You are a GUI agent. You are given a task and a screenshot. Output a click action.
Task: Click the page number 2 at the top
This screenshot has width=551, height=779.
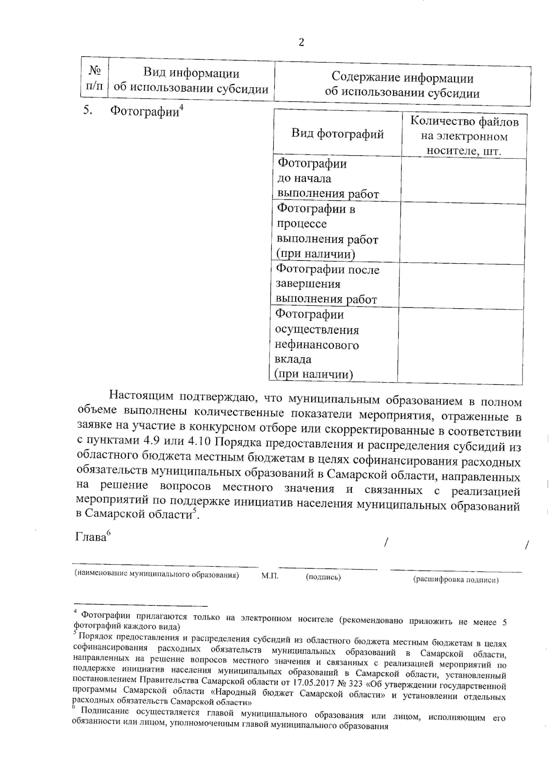pos(301,43)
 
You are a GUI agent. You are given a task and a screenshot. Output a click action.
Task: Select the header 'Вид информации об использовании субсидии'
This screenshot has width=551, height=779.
pos(191,81)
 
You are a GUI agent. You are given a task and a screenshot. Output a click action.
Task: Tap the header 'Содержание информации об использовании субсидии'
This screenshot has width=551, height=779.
pos(402,85)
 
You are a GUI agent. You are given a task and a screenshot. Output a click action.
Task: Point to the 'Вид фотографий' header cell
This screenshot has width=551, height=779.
pos(337,134)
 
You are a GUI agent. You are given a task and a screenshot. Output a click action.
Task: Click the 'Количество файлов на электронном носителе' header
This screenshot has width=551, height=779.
pos(464,136)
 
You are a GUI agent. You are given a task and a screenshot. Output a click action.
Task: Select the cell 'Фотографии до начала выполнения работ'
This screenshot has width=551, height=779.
pos(328,179)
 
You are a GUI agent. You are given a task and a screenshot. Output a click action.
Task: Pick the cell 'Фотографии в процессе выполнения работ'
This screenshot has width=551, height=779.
pos(327,231)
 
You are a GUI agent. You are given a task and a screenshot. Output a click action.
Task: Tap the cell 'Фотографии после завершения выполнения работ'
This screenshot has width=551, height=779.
pos(327,284)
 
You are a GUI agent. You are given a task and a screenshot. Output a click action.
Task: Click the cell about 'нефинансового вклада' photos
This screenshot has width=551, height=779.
pos(317,344)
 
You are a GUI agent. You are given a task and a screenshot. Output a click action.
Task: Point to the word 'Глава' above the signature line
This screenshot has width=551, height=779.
pos(90,537)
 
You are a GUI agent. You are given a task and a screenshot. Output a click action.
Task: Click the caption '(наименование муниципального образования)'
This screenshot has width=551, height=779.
pos(157,575)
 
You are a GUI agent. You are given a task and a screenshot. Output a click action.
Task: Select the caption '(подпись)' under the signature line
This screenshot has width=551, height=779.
pos(323,577)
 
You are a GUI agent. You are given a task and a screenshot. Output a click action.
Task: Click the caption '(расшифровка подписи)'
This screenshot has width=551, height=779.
pos(456,580)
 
